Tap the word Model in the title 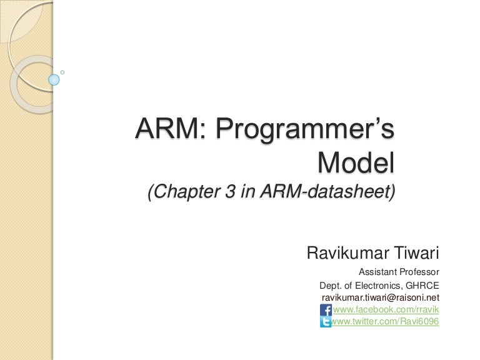tap(356, 164)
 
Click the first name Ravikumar tap(349, 254)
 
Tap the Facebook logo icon tap(326, 310)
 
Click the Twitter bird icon tap(326, 322)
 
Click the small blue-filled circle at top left tap(54, 79)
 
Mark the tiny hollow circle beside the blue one tap(62, 72)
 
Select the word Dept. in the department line tap(331, 285)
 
